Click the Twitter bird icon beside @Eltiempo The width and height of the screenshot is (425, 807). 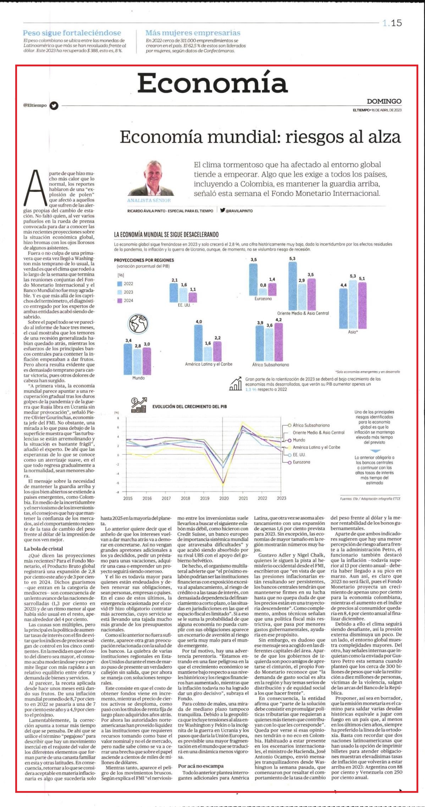point(54,105)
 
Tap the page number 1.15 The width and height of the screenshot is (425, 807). point(392,23)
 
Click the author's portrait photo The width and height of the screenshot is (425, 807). point(151,178)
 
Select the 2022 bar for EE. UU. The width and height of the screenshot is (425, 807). point(174,293)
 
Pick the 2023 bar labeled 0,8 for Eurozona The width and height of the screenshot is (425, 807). point(263,292)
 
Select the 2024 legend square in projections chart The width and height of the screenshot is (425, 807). point(120,300)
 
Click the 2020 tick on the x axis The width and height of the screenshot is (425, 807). point(224,498)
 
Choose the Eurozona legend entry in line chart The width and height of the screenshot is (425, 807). point(301,462)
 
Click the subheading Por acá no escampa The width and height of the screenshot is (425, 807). point(201,766)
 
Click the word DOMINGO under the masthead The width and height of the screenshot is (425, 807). point(384,101)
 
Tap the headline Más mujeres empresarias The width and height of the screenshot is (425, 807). point(193,33)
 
